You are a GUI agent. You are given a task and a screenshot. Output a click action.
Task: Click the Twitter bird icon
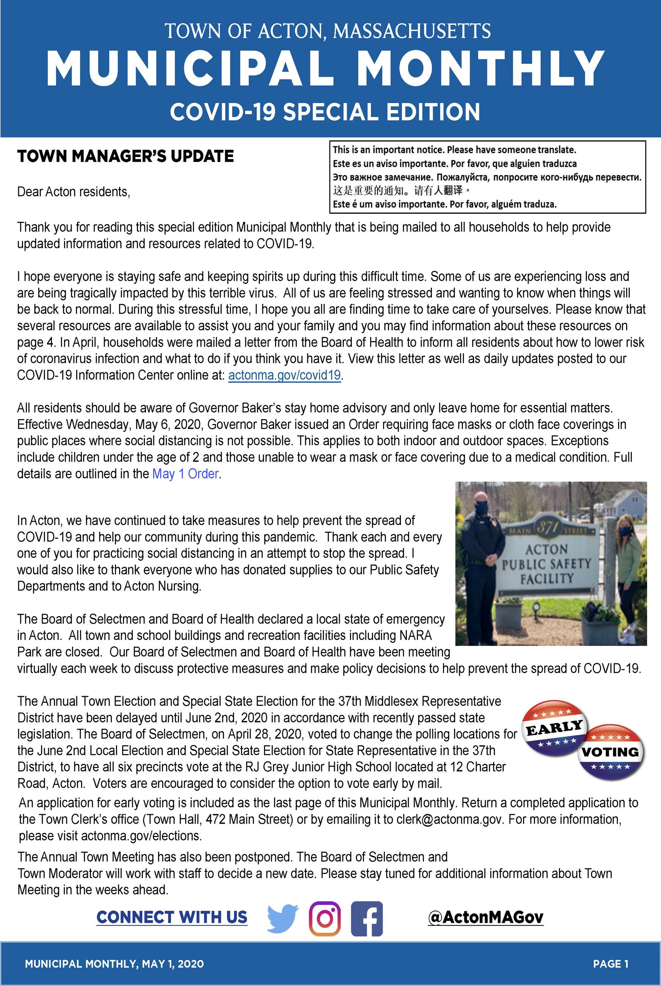click(283, 918)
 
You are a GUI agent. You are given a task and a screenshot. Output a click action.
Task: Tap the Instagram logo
click(324, 918)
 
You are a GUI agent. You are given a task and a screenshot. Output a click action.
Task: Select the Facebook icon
click(367, 918)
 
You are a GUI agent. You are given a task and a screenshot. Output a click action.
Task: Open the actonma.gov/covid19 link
click(284, 375)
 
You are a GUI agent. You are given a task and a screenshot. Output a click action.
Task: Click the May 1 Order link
click(185, 474)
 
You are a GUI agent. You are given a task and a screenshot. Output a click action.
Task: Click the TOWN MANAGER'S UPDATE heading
click(125, 156)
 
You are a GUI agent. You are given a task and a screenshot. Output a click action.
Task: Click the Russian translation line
click(487, 177)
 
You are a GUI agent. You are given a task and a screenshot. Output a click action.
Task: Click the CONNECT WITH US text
click(172, 917)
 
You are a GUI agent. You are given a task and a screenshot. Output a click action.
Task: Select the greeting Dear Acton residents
click(73, 192)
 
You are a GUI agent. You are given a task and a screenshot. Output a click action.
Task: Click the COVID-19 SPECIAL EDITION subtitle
click(325, 112)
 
